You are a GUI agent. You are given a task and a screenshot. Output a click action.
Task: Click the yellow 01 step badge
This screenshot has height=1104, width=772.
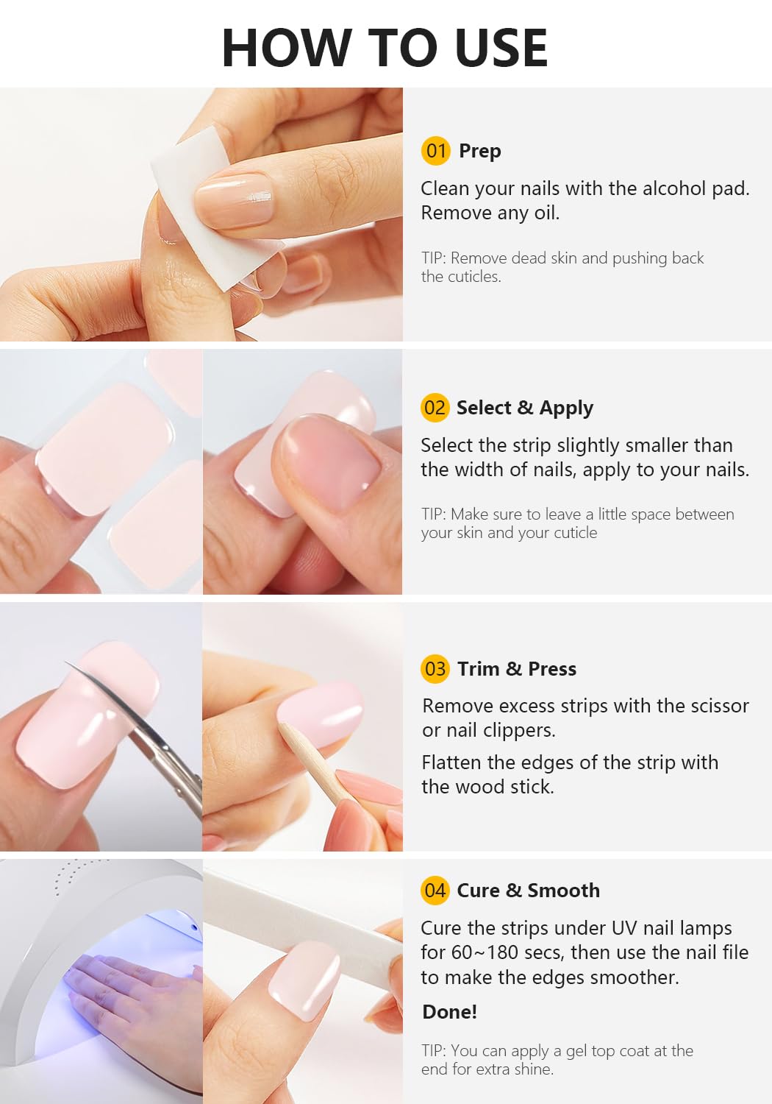[x=435, y=151]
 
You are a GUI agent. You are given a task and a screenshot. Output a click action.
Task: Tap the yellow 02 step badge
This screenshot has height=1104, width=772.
[x=435, y=408]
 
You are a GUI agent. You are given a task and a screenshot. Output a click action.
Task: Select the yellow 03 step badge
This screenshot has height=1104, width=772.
[x=435, y=668]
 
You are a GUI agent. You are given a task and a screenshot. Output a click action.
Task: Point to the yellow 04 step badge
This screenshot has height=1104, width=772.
[x=435, y=890]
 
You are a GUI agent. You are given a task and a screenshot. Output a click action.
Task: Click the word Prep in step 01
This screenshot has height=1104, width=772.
[x=479, y=151]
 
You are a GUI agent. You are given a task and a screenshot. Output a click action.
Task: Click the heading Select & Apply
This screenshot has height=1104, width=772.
[x=524, y=408]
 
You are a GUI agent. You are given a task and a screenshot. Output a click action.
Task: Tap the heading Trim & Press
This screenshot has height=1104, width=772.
[x=516, y=668]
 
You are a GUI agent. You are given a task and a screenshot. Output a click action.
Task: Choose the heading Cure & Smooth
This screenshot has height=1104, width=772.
[x=528, y=890]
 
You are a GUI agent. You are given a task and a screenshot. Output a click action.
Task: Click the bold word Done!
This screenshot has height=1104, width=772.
[x=449, y=1011]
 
